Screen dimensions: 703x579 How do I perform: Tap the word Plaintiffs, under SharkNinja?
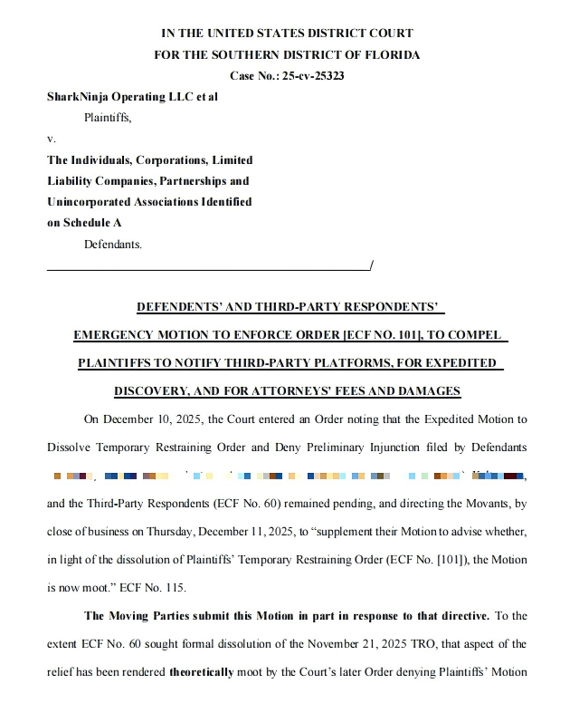108,117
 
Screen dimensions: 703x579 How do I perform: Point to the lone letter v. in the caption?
51,139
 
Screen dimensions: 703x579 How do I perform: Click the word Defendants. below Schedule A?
113,244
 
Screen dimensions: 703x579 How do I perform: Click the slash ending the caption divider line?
371,265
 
